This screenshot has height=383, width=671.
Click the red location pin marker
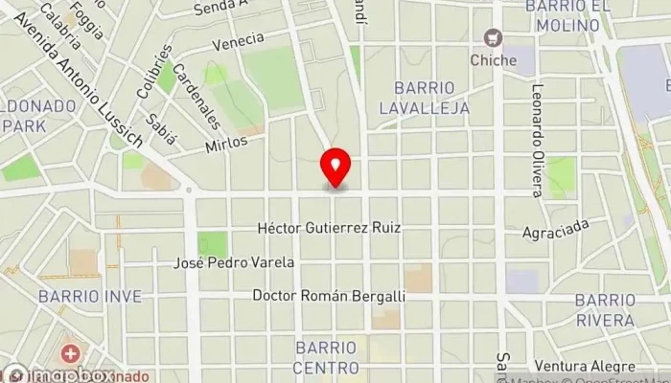[x=335, y=169]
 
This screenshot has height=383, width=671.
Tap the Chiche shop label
[x=495, y=60]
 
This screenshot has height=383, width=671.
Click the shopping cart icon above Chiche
[x=495, y=38]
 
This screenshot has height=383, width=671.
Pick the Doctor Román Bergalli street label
[x=329, y=297]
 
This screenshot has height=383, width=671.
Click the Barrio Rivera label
[x=605, y=309]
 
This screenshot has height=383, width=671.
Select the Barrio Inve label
[x=89, y=297]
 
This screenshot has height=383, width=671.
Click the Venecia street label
[x=238, y=41]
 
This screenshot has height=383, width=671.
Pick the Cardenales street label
[x=197, y=96]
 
